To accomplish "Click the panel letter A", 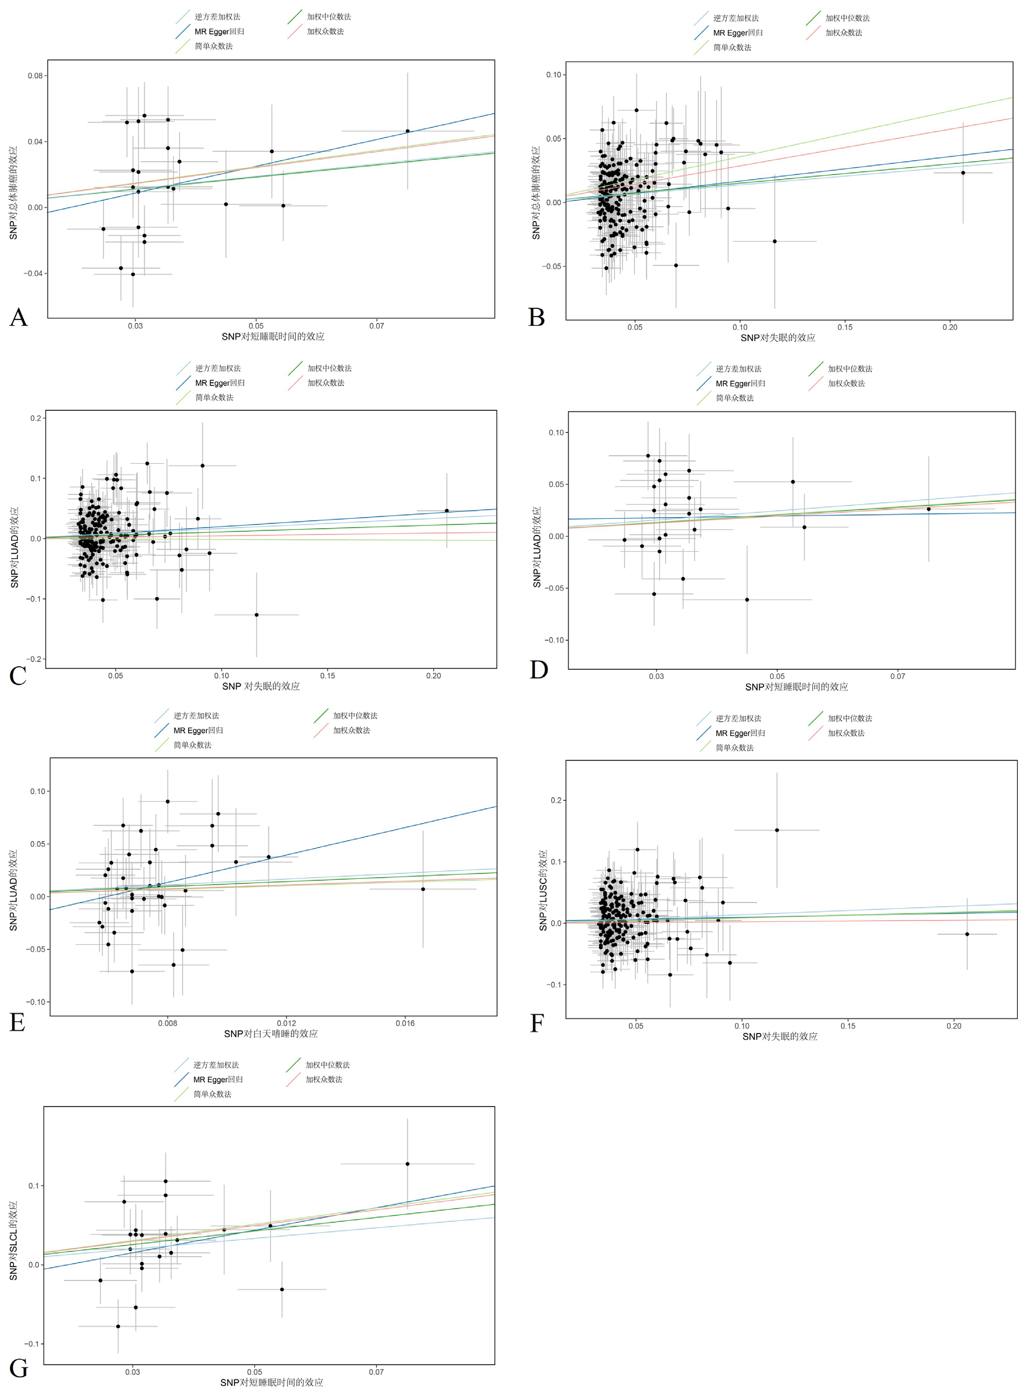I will pyautogui.click(x=18, y=317).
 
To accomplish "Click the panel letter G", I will pyautogui.click(x=18, y=1368).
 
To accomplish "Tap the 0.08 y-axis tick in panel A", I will pyautogui.click(x=35, y=76).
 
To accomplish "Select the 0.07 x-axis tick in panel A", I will pyautogui.click(x=377, y=326).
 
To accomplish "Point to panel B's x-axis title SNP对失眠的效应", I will pyautogui.click(x=778, y=338).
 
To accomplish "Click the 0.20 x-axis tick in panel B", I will pyautogui.click(x=950, y=327).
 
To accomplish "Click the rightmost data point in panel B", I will pyautogui.click(x=963, y=173).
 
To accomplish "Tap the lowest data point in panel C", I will pyautogui.click(x=257, y=614).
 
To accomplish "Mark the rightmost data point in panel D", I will pyautogui.click(x=928, y=509).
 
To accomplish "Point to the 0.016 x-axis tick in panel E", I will pyautogui.click(x=405, y=1024).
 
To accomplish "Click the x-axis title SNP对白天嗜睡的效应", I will pyautogui.click(x=271, y=1034).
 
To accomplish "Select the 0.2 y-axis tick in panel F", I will pyautogui.click(x=556, y=800).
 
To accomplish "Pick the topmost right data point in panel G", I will pyautogui.click(x=407, y=1164).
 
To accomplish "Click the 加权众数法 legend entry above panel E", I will pyautogui.click(x=351, y=730).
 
